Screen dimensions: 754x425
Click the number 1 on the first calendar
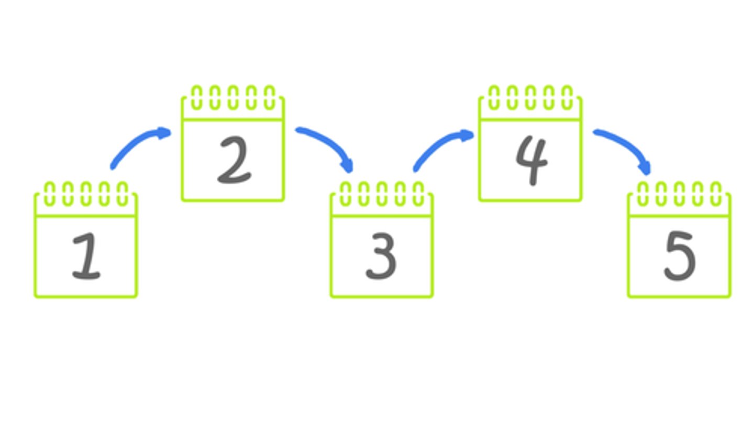87,256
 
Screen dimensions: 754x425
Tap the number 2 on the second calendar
235,160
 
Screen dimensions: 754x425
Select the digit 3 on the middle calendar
381,256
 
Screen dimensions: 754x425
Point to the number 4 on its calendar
532,160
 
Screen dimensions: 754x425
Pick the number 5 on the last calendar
680,256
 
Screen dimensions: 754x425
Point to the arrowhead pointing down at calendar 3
348,166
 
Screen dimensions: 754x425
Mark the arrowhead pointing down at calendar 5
646,168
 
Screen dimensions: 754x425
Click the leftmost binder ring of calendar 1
49,194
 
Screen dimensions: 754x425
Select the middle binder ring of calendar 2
233,97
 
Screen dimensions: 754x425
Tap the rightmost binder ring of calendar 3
418,194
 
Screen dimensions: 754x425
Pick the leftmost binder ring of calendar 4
494,97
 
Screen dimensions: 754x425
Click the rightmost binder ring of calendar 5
716,194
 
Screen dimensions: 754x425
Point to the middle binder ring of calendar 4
530,97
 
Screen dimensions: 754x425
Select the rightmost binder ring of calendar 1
122,194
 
